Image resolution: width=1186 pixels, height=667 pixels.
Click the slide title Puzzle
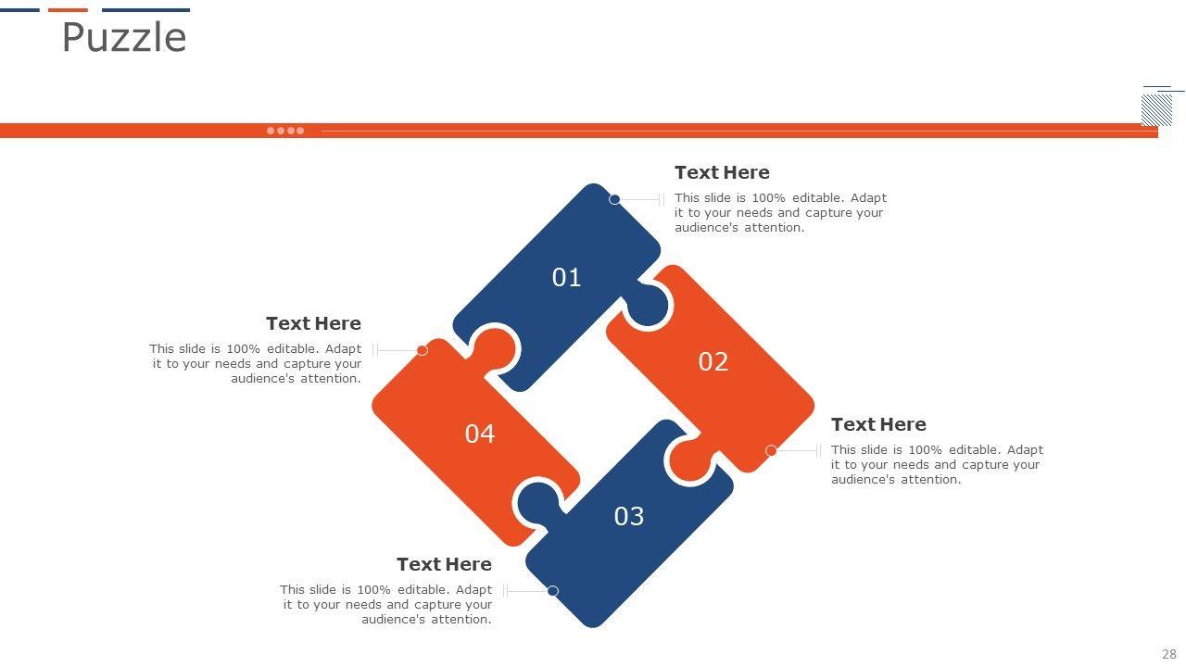click(x=124, y=37)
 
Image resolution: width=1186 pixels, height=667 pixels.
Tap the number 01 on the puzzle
click(x=566, y=277)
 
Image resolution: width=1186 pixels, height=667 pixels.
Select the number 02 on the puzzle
click(x=713, y=361)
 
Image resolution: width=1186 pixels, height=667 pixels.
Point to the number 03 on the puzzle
click(x=629, y=516)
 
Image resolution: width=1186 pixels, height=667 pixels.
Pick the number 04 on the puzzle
click(x=480, y=434)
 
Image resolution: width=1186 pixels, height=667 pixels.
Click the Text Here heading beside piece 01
click(x=722, y=172)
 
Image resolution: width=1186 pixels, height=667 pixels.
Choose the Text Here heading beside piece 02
click(x=878, y=424)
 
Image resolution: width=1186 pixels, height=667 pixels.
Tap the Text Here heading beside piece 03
click(x=444, y=564)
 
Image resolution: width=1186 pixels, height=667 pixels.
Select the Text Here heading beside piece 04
click(x=313, y=323)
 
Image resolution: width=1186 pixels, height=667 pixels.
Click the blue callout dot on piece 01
click(x=614, y=199)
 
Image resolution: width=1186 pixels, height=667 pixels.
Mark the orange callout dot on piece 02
click(x=771, y=450)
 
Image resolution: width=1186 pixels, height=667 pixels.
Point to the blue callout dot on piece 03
click(x=553, y=591)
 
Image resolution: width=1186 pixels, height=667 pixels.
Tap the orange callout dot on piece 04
click(x=422, y=350)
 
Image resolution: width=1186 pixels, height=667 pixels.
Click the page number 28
click(x=1169, y=654)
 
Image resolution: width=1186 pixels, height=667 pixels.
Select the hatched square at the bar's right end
click(x=1156, y=110)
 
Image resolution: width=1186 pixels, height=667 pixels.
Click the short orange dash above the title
click(x=68, y=10)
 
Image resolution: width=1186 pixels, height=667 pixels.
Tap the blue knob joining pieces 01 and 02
click(x=647, y=305)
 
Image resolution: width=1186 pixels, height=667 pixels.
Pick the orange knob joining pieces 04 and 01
click(x=493, y=349)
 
